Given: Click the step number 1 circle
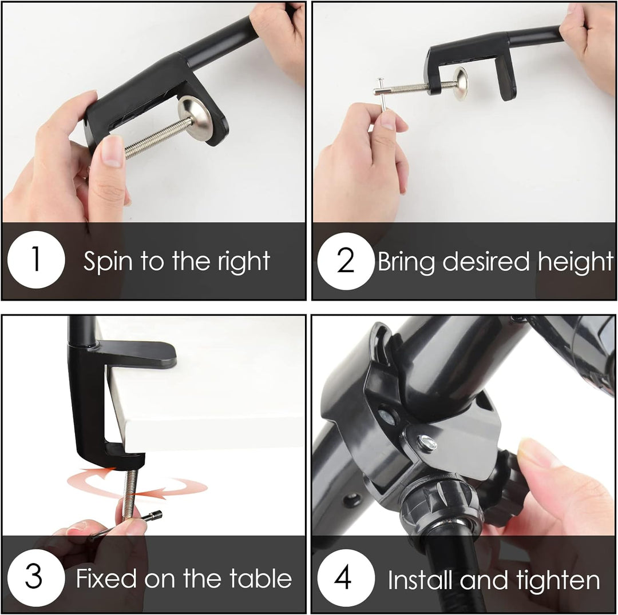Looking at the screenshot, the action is pos(36,259).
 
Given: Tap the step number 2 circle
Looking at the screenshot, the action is pos(346,261).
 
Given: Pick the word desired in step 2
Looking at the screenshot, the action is pos(486,261).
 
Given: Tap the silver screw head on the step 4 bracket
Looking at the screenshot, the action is pos(427,442).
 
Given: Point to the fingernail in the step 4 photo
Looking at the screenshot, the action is pos(533,453).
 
